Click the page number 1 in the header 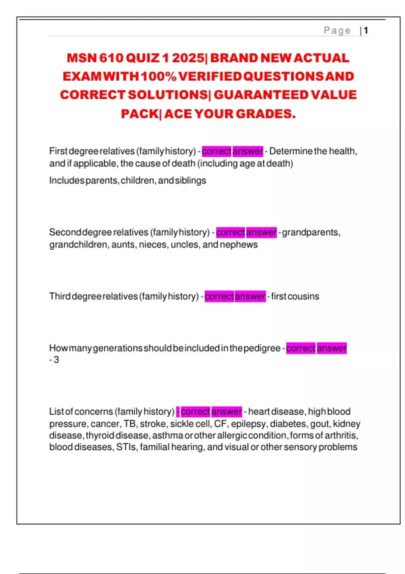tap(366, 31)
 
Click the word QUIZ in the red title tap(142, 58)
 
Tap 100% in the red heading tap(159, 77)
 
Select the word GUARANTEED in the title tap(261, 95)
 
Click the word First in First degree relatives tap(58, 151)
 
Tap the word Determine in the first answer tap(291, 151)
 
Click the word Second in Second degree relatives tap(65, 232)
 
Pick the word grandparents tap(311, 233)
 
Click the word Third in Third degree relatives tap(60, 296)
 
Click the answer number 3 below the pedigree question tap(56, 360)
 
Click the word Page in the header tap(337, 31)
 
